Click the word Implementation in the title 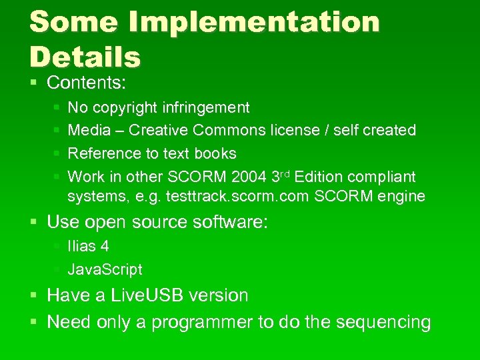(x=254, y=23)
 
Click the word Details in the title (x=85, y=57)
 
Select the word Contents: (x=87, y=83)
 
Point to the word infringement (x=206, y=107)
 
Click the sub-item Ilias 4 (x=88, y=246)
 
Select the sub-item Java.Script (x=105, y=269)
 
